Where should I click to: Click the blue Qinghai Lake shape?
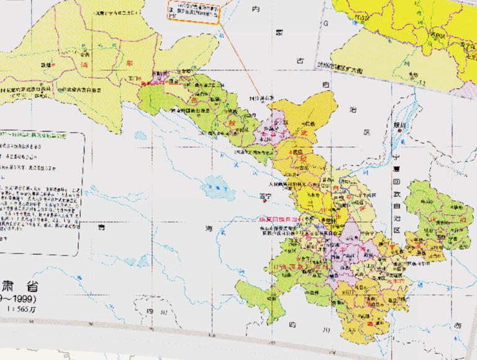[214, 184]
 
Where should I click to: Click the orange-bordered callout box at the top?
[194, 12]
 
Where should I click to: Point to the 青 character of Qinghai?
[99, 227]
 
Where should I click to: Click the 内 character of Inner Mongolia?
[271, 11]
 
